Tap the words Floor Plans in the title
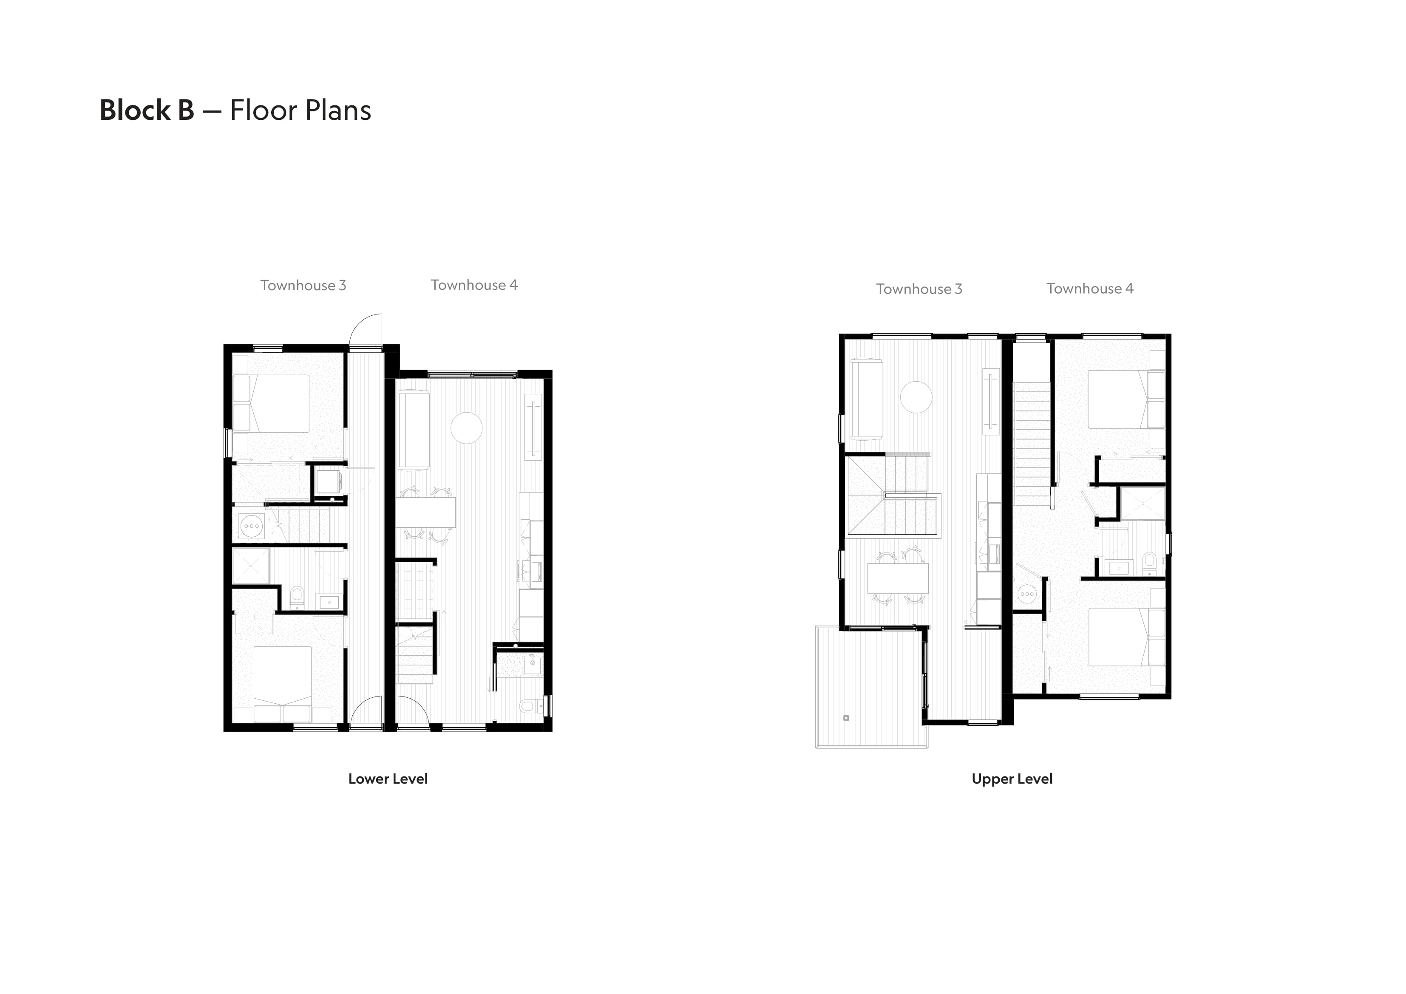coord(300,110)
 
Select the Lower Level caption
coord(388,779)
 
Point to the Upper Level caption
coord(1012,779)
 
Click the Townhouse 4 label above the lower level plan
coord(474,285)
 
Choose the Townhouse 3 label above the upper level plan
coord(918,289)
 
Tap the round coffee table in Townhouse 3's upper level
coord(916,397)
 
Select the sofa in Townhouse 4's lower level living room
coord(414,430)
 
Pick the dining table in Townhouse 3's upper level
coord(898,578)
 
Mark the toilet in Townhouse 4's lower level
coord(530,706)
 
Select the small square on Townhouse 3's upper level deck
coord(846,718)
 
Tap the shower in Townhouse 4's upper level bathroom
coord(1142,504)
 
